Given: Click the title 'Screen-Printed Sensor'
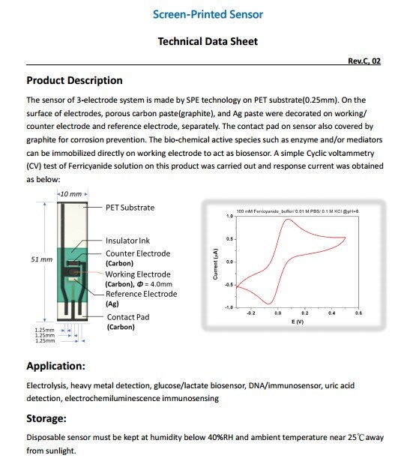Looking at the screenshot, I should pyautogui.click(x=208, y=14).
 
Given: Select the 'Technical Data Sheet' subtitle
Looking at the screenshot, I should pyautogui.click(x=208, y=42).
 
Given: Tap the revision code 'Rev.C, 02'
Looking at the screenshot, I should pyautogui.click(x=364, y=61).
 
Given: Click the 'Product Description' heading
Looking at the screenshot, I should pyautogui.click(x=74, y=80).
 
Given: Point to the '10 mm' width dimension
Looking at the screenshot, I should pyautogui.click(x=73, y=194).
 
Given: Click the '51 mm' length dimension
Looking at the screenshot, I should pyautogui.click(x=41, y=259).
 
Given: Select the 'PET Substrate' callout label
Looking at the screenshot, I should pyautogui.click(x=130, y=207).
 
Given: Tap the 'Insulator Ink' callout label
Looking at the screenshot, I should pyautogui.click(x=127, y=241).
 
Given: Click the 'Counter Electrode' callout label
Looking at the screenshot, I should pyautogui.click(x=137, y=254).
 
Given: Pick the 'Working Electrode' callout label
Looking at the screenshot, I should pyautogui.click(x=138, y=274).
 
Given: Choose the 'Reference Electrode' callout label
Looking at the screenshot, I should pyautogui.click(x=141, y=294).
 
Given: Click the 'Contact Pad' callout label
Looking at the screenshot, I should pyautogui.click(x=127, y=317).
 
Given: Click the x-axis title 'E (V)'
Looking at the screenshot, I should pyautogui.click(x=297, y=321).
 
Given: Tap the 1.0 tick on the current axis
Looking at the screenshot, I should pyautogui.click(x=229, y=216).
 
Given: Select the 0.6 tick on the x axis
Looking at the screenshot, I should pyautogui.click(x=359, y=313).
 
